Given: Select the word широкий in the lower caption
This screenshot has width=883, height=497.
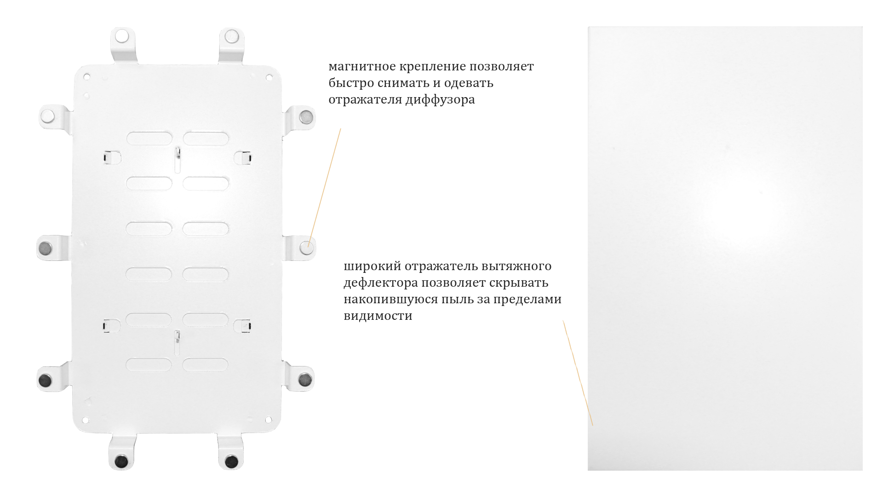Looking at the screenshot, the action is (x=373, y=266).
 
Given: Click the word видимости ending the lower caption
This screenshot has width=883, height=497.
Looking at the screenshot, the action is (x=378, y=316).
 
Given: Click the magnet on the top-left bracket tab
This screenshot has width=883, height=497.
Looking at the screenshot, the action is (x=122, y=36).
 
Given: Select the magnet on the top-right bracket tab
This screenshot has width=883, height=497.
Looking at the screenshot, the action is (x=231, y=36).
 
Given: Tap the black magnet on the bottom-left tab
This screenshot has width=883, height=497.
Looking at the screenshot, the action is (x=122, y=461).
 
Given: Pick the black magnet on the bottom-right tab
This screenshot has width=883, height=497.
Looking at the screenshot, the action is (x=231, y=461).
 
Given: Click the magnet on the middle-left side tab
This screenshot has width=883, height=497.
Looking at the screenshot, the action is (x=45, y=248).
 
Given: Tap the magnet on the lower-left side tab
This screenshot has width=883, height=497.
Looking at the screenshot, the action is (x=45, y=380).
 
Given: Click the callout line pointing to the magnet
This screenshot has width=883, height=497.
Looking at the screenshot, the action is (x=324, y=188).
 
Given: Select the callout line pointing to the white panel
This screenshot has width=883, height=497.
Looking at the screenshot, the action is (x=578, y=373).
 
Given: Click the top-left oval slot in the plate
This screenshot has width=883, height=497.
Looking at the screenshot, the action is (x=149, y=139).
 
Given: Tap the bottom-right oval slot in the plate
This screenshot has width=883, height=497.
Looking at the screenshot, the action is (x=205, y=365).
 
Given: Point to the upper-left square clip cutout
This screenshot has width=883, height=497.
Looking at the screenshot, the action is (x=111, y=158).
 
